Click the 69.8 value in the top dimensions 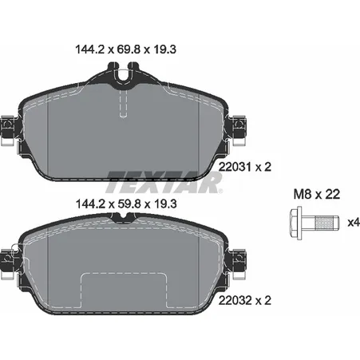pos(129,49)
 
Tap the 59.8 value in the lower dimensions pos(129,204)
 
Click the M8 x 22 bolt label pos(317,194)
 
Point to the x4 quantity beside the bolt pos(354,222)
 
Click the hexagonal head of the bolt pos(296,223)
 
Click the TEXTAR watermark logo pos(164,183)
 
